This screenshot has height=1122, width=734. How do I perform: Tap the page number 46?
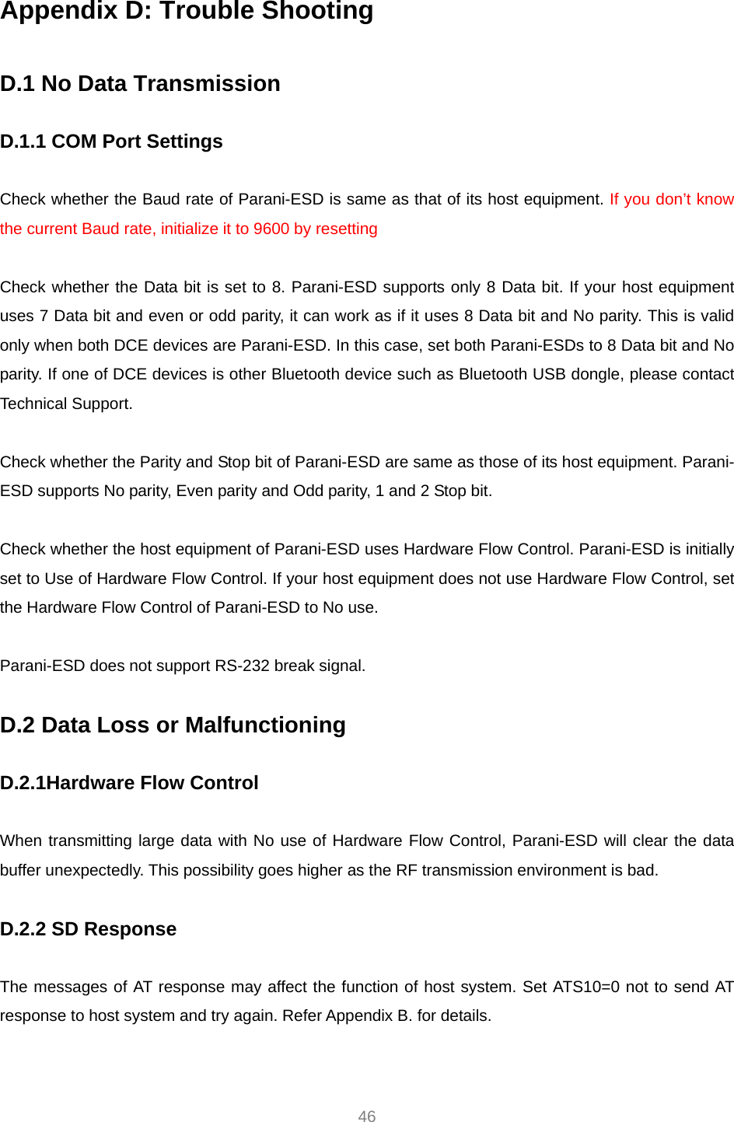[x=367, y=1116]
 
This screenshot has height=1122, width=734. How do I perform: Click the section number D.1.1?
[x=23, y=142]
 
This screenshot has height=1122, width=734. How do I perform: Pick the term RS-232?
[x=242, y=666]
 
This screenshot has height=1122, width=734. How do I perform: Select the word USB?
[x=549, y=374]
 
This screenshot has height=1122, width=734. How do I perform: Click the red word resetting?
[x=346, y=229]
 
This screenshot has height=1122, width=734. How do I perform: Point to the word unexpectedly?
[x=94, y=870]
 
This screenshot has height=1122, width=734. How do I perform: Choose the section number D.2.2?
[x=23, y=929]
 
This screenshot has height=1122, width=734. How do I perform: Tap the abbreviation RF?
[x=407, y=870]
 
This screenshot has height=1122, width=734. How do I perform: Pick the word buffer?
[x=20, y=870]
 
